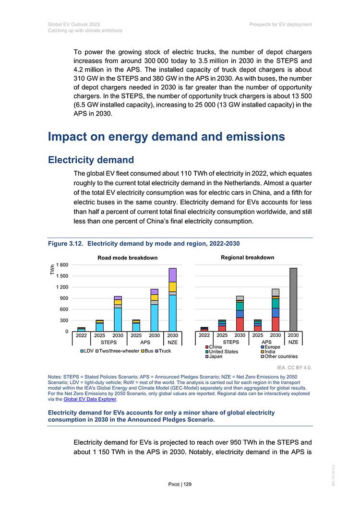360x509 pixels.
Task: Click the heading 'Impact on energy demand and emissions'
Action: (x=167, y=137)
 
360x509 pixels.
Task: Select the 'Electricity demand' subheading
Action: (x=91, y=160)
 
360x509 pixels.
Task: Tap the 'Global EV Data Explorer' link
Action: (x=90, y=399)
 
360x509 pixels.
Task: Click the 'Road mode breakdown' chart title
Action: (x=127, y=258)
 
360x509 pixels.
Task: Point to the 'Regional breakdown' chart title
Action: (x=248, y=258)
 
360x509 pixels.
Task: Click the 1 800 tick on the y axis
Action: (x=62, y=265)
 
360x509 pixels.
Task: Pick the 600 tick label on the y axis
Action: (x=64, y=309)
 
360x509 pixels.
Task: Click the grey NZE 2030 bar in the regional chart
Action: (x=293, y=300)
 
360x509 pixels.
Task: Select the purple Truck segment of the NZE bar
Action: (x=172, y=275)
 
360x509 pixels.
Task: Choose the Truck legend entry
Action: (x=163, y=351)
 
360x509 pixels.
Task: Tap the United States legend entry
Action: (x=222, y=352)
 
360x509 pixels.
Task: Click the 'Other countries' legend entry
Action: (x=279, y=356)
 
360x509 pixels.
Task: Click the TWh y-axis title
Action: (x=52, y=270)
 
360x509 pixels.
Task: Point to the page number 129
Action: (x=188, y=485)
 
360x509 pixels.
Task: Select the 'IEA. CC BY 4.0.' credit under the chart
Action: (x=294, y=368)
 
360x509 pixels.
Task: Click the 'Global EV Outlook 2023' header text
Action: (x=74, y=24)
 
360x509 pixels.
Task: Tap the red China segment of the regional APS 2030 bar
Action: (x=276, y=324)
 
